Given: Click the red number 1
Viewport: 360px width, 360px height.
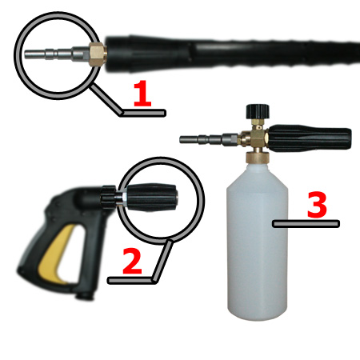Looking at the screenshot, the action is tap(142, 94).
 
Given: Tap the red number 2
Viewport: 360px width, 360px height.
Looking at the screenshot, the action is tap(132, 261).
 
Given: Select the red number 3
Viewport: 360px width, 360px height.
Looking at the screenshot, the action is tap(317, 205).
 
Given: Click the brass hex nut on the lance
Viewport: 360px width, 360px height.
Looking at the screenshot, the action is tap(98, 54).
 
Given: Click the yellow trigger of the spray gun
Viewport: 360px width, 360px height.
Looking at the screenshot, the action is tap(58, 254).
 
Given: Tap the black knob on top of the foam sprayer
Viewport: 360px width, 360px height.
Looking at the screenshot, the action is tap(258, 111).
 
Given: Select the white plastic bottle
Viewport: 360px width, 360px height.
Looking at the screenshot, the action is tap(258, 242).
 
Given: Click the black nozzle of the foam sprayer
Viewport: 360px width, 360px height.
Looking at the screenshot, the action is tap(310, 138).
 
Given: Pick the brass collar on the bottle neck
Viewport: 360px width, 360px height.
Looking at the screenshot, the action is tap(258, 157).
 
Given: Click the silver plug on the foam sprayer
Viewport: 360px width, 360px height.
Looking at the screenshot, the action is tap(209, 139).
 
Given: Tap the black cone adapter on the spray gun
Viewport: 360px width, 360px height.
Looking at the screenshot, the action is tap(151, 198).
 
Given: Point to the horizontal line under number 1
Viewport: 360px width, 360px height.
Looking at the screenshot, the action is tap(142, 113).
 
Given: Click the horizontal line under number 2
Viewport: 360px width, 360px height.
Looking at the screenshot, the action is tap(131, 281).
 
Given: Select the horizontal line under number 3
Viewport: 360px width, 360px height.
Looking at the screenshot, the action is tap(306, 224).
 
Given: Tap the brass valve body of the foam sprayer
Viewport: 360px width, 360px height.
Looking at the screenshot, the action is tap(254, 138).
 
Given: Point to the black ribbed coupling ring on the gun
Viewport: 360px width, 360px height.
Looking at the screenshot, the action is tap(108, 198).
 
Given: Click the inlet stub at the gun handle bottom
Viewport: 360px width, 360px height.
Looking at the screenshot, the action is tap(85, 294).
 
